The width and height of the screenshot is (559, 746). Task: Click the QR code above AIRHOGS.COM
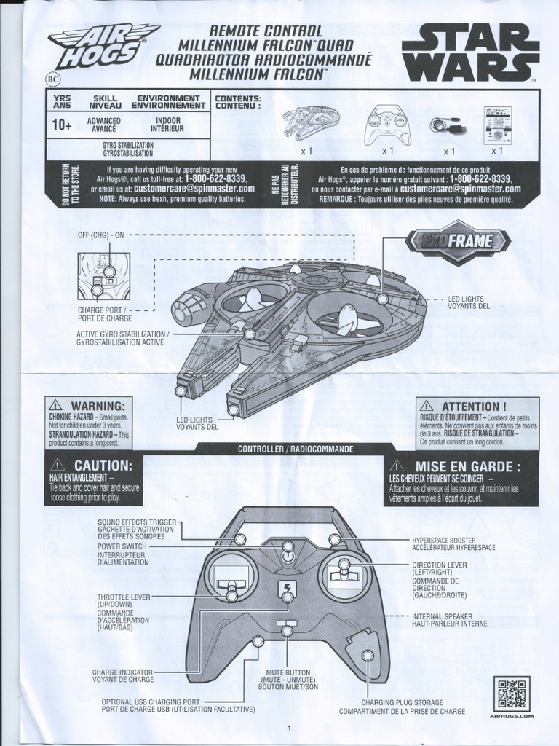512,694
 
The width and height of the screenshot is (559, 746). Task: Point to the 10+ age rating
62,125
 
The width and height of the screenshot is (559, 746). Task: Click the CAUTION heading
103,465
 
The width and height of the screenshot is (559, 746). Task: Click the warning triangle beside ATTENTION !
427,406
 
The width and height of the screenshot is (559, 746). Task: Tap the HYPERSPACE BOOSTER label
444,539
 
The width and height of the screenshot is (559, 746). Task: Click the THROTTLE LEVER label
124,597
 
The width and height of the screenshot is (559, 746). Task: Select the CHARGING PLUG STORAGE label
402,702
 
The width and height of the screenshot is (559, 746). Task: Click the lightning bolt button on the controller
288,589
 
